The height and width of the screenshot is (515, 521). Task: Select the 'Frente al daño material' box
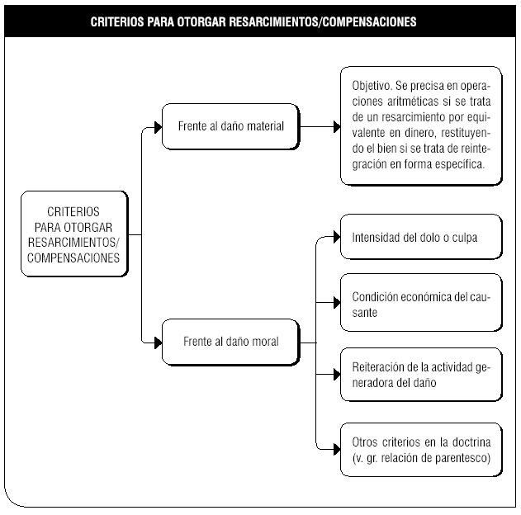coord(231,126)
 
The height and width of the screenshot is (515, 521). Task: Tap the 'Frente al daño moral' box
coord(231,342)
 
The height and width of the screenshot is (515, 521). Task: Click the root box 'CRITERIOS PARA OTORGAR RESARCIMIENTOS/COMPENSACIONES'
coord(74,234)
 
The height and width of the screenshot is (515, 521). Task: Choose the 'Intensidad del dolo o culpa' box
coord(421,237)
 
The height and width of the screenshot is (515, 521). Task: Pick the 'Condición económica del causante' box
coord(421,303)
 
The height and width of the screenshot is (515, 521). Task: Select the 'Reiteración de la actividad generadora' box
coord(421,375)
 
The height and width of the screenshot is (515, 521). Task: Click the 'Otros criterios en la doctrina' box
coord(421,450)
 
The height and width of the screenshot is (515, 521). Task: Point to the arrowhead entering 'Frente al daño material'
coord(159,127)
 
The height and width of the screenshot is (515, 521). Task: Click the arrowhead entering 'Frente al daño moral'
coord(159,343)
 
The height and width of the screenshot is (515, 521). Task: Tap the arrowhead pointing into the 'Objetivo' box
coord(337,127)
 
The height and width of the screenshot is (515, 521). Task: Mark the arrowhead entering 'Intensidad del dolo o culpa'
coord(337,237)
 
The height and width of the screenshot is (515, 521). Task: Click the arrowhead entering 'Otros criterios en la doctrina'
coord(337,450)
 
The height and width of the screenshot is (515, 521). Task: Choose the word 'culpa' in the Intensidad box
coord(465,238)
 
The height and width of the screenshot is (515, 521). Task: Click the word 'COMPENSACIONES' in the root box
coord(73,258)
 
